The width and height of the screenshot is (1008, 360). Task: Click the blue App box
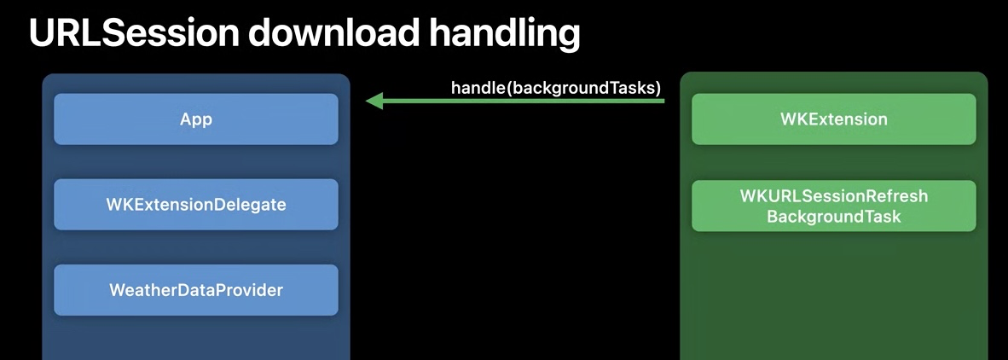pos(196,119)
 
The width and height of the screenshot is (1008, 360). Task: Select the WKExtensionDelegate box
pos(196,205)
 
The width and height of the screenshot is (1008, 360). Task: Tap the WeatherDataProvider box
pos(196,290)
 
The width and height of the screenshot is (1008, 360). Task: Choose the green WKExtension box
pos(833,119)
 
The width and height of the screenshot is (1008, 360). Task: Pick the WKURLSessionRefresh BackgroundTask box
pos(833,206)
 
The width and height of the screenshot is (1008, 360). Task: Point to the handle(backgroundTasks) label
pos(556,87)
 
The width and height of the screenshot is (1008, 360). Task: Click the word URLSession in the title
pos(133,32)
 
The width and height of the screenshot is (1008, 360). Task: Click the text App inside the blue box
pos(196,119)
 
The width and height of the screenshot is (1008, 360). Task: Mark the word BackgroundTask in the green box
pos(833,217)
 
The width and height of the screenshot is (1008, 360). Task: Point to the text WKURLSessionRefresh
pos(833,196)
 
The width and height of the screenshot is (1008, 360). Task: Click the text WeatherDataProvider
pos(196,290)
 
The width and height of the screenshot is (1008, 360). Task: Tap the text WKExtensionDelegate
pos(196,205)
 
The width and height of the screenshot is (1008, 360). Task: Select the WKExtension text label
pos(833,119)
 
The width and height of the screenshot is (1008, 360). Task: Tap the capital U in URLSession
pos(41,32)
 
